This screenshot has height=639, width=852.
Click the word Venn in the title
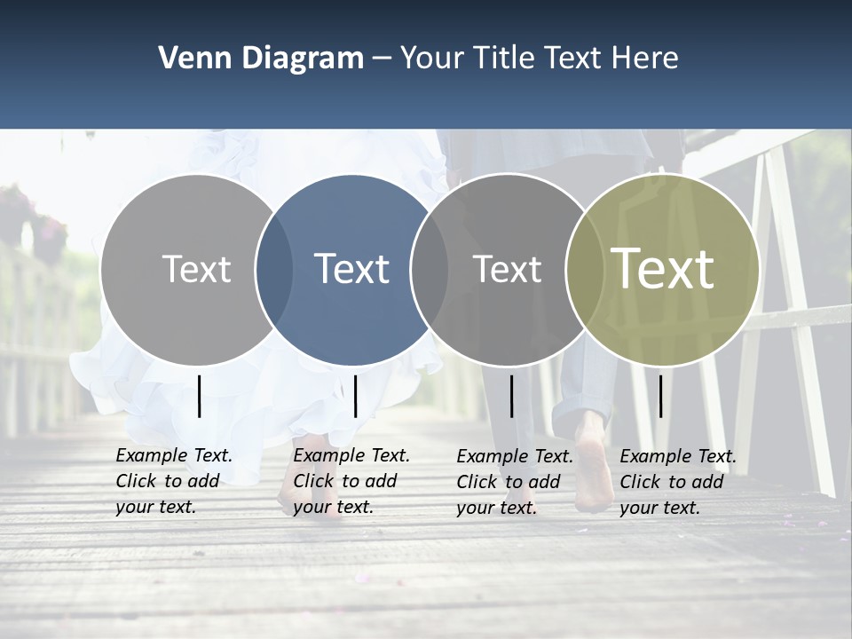point(187,58)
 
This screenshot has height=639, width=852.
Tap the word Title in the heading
point(507,58)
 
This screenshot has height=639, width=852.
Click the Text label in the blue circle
point(351,269)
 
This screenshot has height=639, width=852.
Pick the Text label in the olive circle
point(662,269)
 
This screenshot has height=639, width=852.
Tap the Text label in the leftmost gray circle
point(196,269)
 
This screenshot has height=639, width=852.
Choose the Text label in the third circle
point(507,269)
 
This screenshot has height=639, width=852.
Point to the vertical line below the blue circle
point(355,396)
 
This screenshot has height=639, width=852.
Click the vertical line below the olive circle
point(660,396)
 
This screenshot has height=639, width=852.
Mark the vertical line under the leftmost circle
point(200,396)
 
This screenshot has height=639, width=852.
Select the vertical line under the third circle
point(512,396)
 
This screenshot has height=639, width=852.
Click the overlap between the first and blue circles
point(274,269)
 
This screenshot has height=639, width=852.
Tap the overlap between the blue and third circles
point(427,269)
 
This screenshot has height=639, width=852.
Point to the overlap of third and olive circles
point(583,269)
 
